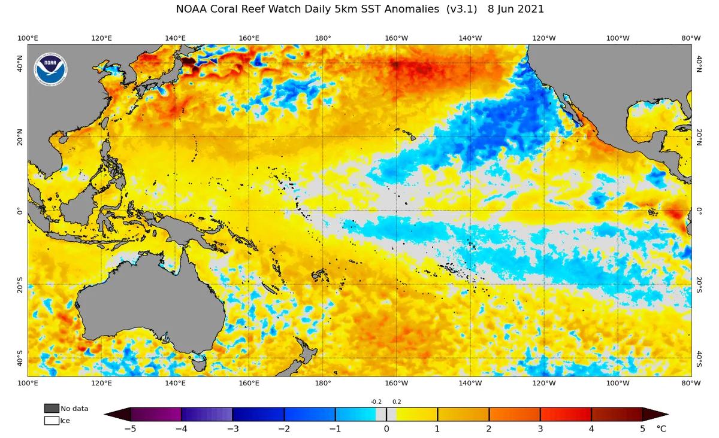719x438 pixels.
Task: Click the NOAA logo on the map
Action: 51,69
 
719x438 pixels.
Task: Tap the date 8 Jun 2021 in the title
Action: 516,10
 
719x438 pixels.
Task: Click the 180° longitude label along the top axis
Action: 323,38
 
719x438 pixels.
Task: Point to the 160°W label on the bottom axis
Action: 397,383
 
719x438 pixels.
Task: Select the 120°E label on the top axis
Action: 101,38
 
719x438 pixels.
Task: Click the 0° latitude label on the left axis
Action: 20,211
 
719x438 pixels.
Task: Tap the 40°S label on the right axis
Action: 699,359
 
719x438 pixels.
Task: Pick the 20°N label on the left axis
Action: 20,137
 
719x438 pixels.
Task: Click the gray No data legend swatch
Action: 52,408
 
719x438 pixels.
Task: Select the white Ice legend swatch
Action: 52,421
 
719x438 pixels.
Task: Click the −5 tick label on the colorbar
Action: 130,428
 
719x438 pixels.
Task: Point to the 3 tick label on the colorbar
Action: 540,428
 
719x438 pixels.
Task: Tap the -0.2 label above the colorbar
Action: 376,401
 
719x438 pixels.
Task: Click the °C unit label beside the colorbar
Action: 661,428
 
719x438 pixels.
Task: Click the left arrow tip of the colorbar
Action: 105,414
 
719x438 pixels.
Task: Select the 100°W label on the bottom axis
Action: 618,383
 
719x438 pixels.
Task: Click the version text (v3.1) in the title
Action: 461,10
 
